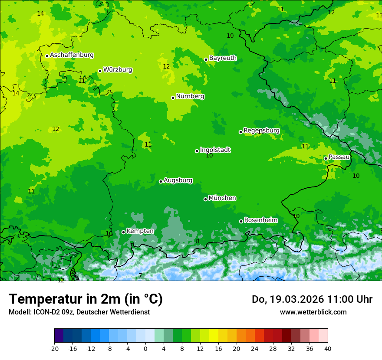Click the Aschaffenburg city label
[72, 55]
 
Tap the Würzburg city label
[118, 70]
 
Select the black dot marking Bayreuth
[206, 59]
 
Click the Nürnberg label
[190, 96]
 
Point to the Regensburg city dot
[240, 132]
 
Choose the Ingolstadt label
[215, 150]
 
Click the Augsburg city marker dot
[161, 181]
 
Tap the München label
[222, 198]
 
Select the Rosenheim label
[260, 220]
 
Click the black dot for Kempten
[123, 232]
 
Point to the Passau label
[339, 157]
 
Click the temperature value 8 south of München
[198, 242]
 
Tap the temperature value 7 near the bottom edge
[140, 276]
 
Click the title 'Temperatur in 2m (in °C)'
[86, 299]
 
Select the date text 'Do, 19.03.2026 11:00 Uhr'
[312, 299]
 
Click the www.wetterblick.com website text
[313, 312]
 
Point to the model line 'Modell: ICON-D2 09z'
[79, 312]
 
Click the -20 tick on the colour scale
[54, 349]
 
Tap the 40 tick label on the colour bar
[327, 349]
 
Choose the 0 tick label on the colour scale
[145, 349]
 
